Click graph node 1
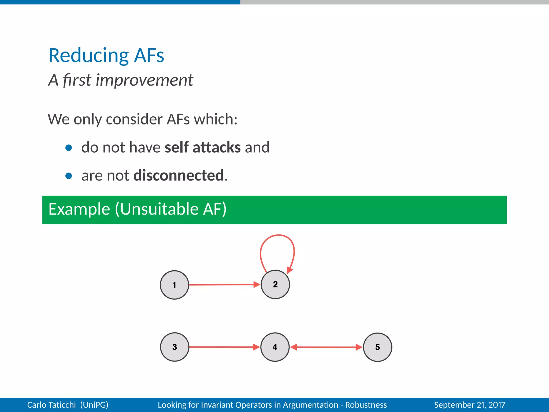pos(175,285)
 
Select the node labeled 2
pos(275,284)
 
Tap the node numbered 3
pos(175,347)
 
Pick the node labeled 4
pos(275,347)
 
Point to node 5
pos(377,347)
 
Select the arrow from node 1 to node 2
pos(222,285)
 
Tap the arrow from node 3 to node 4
pos(222,347)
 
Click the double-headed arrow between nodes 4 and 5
pos(326,347)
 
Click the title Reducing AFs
pos(106,56)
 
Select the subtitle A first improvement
pos(121,80)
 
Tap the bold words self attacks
pos(202,147)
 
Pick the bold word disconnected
pos(179,175)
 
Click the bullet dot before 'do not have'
pos(69,148)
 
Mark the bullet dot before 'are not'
pos(69,176)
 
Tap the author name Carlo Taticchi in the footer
pos(51,405)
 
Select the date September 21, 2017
pos(470,405)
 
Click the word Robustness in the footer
pos(366,405)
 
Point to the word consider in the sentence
pos(134,119)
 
